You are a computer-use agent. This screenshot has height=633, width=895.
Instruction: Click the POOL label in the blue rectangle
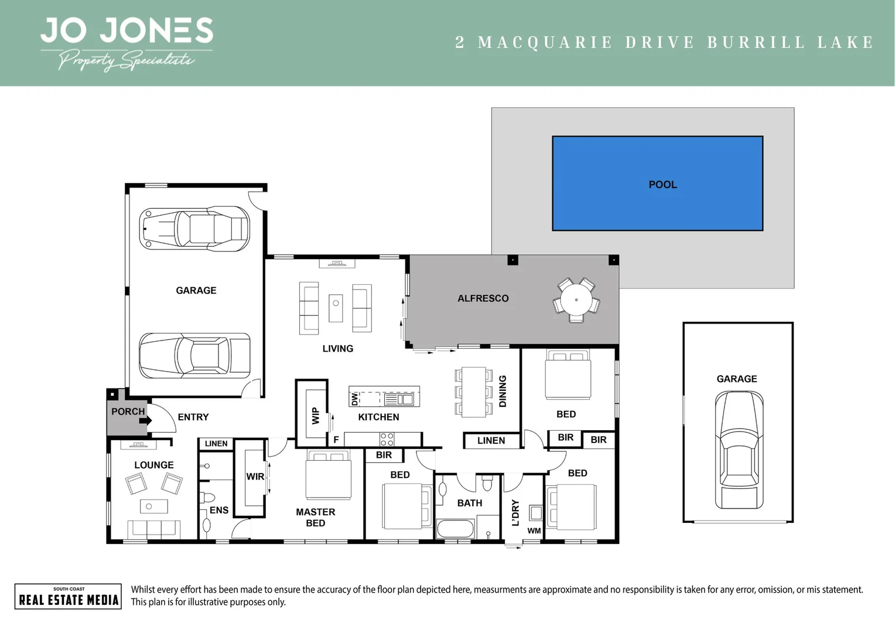pos(662,185)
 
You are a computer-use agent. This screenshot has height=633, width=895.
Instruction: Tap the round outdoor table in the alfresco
pos(576,300)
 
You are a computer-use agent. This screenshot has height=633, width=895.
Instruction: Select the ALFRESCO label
pos(483,298)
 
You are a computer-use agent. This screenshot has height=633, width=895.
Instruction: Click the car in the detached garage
pos(738,450)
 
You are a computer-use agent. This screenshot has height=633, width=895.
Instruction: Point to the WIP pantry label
pos(315,416)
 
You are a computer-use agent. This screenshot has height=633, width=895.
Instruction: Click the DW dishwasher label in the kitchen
pos(354,399)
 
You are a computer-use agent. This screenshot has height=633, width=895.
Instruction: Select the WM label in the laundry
pos(534,531)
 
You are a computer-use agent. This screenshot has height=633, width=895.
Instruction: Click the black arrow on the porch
pos(146,420)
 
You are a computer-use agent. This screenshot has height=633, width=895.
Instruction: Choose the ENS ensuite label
pos(219,511)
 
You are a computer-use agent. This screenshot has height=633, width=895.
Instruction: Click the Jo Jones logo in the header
pos(127,43)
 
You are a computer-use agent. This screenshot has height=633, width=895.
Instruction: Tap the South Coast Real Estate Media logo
pos(68,597)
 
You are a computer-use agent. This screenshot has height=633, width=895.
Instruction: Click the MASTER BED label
pos(315,518)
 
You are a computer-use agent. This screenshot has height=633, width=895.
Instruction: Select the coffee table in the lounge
pos(153,506)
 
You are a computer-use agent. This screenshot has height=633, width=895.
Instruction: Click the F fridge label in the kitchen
pos(336,440)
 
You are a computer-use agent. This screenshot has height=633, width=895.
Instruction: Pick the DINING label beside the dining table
pos(502,391)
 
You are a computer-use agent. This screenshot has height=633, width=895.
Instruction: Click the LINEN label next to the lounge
pos(216,444)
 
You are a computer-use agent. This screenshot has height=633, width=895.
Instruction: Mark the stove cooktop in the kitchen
pos(387,439)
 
